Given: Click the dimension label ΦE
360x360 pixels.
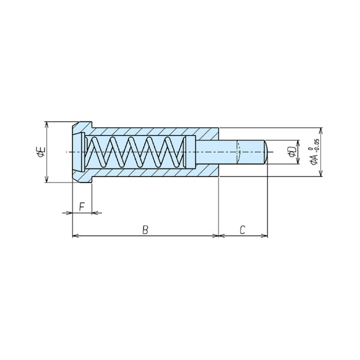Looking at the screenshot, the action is click(x=41, y=152).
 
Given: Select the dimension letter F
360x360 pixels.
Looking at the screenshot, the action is click(x=82, y=206).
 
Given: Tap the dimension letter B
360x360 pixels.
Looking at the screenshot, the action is click(x=145, y=230).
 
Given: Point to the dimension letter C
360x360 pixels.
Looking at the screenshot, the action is click(x=242, y=230).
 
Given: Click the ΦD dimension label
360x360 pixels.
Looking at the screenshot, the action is click(x=292, y=152).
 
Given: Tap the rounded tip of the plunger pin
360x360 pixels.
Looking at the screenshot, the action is click(x=266, y=152).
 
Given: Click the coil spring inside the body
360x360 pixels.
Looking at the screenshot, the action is click(x=135, y=152).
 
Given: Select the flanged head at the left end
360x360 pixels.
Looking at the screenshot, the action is click(x=82, y=152).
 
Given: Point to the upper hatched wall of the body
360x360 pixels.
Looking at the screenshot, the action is click(x=152, y=131).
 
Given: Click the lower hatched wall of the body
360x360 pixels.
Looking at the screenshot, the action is click(x=152, y=173).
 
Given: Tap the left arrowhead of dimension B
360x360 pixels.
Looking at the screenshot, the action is click(x=76, y=236).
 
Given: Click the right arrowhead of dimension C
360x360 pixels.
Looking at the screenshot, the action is click(x=265, y=236).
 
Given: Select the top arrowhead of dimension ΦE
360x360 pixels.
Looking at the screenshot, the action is click(x=47, y=125).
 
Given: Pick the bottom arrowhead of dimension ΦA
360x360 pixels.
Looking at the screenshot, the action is click(x=321, y=173).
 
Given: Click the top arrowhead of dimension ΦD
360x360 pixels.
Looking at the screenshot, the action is click(x=298, y=143).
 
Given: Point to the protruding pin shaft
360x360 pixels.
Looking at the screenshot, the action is click(x=230, y=152).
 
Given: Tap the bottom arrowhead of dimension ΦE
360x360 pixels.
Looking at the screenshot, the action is click(x=47, y=179).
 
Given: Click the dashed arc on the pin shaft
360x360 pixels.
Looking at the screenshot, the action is click(x=239, y=152).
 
